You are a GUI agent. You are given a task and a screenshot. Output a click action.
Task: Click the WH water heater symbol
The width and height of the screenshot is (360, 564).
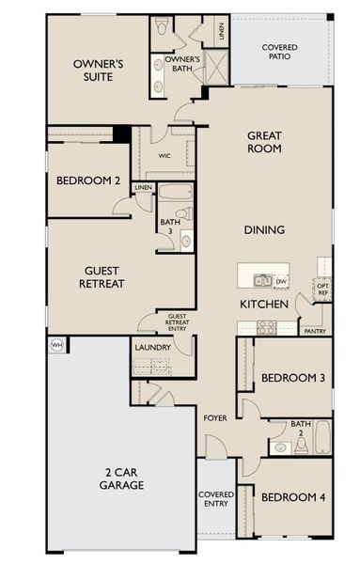click(x=55, y=344)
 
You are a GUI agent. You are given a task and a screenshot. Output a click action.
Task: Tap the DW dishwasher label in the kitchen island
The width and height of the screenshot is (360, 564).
click(x=281, y=280)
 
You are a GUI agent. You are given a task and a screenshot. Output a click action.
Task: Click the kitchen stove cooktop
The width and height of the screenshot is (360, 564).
click(x=266, y=327)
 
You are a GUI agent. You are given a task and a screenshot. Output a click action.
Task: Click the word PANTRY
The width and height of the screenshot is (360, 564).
click(x=315, y=331)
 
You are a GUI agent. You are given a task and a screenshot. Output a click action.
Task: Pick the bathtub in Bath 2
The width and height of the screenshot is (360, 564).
click(x=322, y=437)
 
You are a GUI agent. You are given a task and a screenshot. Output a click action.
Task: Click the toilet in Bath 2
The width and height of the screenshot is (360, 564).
click(x=277, y=446)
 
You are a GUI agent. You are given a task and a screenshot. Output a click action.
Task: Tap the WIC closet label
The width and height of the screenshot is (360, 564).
click(x=164, y=156)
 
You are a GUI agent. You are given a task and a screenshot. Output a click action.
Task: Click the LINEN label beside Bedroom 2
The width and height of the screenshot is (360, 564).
click(x=143, y=188)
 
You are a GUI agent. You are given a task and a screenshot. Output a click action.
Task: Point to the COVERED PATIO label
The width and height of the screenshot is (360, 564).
click(x=281, y=51)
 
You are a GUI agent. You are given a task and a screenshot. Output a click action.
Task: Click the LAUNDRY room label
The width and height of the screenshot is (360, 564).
click(x=152, y=347)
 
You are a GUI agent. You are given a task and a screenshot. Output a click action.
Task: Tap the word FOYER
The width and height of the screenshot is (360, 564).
click(x=215, y=416)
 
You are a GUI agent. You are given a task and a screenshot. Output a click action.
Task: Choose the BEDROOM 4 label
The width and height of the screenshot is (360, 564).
click(x=293, y=496)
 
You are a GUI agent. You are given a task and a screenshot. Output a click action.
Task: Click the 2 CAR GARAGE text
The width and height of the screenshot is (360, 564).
click(x=121, y=479)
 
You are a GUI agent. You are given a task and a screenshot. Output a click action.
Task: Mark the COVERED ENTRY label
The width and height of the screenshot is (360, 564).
click(x=215, y=499)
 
